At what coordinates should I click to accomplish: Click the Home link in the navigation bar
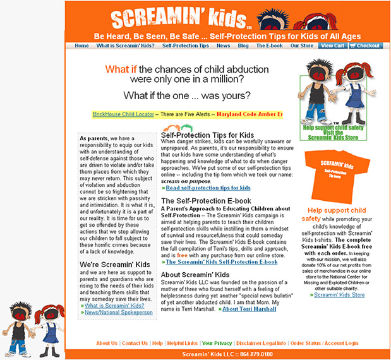[x=81, y=45]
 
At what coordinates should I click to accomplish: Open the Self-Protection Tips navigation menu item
[x=185, y=45]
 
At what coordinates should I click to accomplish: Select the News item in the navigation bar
[x=223, y=45]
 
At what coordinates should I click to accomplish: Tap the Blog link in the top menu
[x=243, y=45]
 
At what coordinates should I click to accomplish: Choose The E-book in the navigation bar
[x=269, y=45]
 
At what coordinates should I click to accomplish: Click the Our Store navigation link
[x=301, y=45]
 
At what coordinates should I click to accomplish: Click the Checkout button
[x=365, y=45]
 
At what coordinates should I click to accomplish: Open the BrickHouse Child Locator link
[x=123, y=114]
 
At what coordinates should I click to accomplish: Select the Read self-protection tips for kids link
[x=208, y=188]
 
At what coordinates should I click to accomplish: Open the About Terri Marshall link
[x=249, y=309]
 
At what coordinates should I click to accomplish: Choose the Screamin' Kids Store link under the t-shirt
[x=339, y=294]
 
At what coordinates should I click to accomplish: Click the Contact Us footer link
[x=135, y=343]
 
